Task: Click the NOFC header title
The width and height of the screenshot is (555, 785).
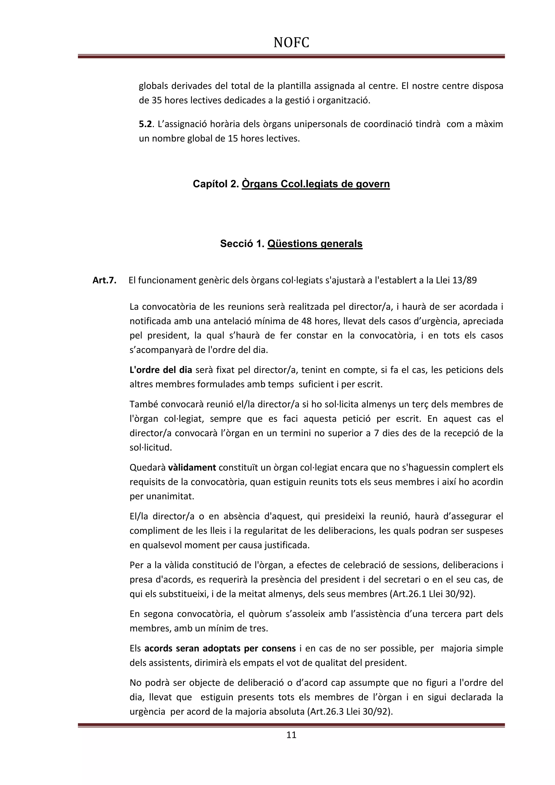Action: [291, 43]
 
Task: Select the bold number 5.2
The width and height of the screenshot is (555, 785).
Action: [145, 124]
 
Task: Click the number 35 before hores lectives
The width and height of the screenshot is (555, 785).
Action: [154, 101]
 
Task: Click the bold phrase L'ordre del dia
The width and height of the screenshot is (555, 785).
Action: [161, 370]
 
